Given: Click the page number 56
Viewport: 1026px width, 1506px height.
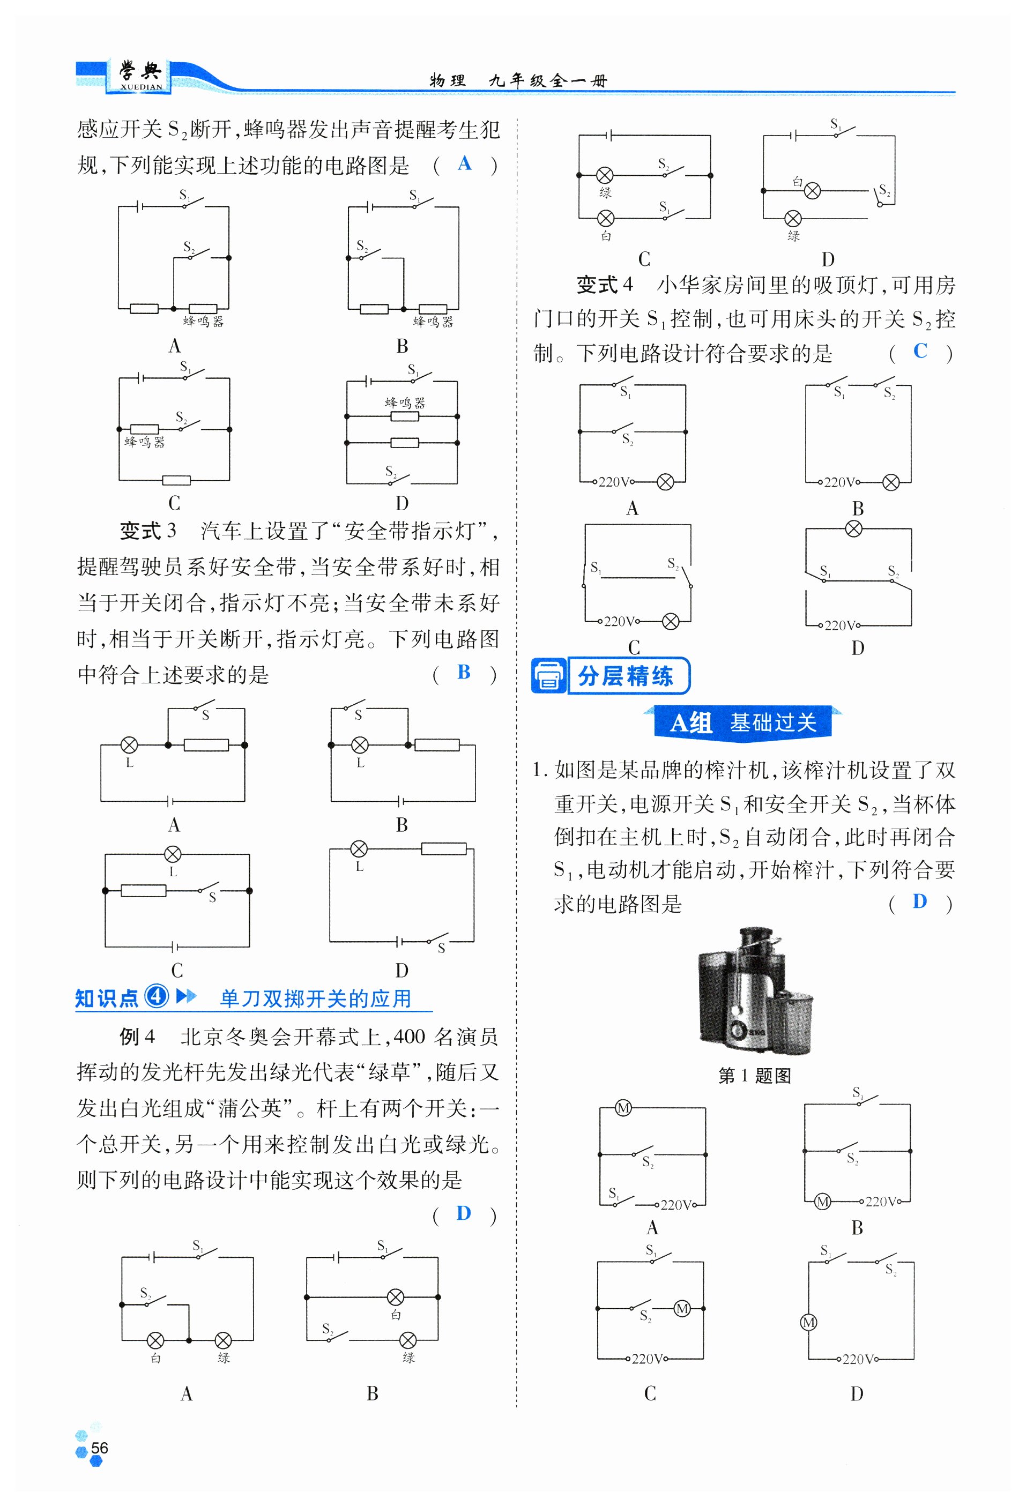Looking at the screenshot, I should tap(99, 1448).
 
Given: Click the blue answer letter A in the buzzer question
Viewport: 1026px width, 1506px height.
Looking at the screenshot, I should tap(464, 163).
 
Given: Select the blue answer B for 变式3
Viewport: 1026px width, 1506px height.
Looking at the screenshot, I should tap(464, 672).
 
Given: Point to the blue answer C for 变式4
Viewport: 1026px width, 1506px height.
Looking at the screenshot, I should tap(920, 351).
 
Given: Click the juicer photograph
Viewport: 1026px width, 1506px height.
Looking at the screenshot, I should tap(754, 991).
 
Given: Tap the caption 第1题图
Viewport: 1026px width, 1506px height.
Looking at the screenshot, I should tap(754, 1076).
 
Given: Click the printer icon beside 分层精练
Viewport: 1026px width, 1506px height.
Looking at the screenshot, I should tap(549, 676).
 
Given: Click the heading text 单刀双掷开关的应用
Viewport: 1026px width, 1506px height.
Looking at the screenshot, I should tap(316, 998).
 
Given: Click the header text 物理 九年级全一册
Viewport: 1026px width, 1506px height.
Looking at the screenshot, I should tap(518, 80).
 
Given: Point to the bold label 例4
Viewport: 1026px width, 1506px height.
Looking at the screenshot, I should tap(137, 1036).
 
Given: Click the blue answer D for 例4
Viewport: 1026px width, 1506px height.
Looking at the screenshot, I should tap(464, 1213).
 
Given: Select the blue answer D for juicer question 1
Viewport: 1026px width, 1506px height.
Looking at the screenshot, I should tap(919, 901).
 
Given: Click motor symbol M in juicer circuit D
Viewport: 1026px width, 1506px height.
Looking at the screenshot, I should tap(808, 1323).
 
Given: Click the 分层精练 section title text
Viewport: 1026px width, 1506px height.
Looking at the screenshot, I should tap(626, 676).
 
